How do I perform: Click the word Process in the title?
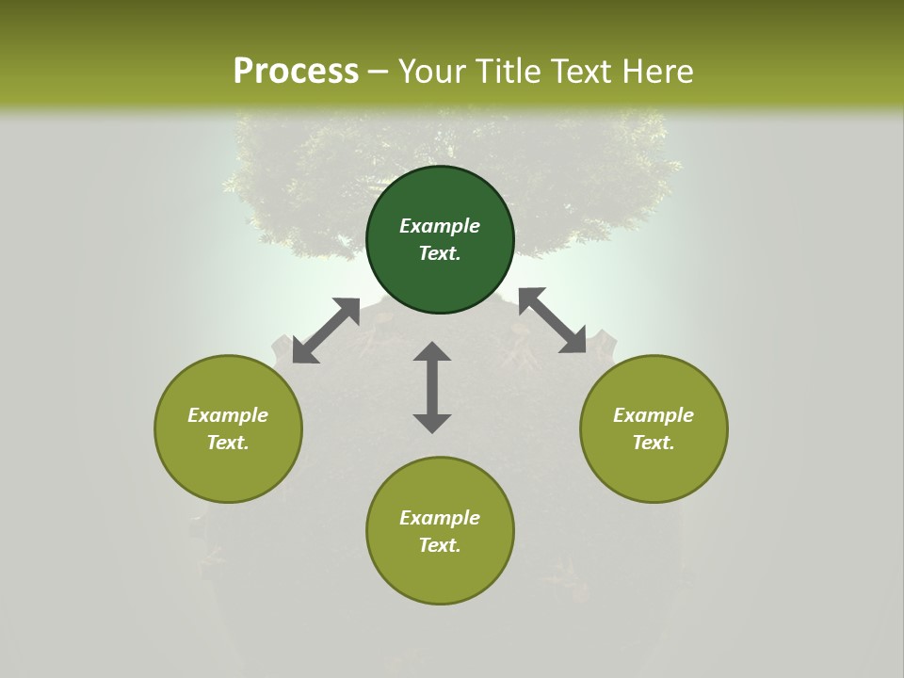click(296, 72)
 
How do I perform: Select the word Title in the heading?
click(508, 72)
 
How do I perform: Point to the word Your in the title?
click(434, 72)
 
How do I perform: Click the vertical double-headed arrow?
click(432, 387)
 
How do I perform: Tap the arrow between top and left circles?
click(326, 331)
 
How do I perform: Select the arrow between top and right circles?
click(553, 320)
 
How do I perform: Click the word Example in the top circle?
click(440, 226)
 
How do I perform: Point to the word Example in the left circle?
click(228, 415)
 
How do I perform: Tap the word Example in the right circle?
click(654, 415)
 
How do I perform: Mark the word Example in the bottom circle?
click(440, 518)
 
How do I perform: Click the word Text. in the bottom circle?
click(440, 545)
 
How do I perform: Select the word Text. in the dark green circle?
click(440, 253)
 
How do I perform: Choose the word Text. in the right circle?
click(654, 443)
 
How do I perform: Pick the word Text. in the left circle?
click(228, 443)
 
